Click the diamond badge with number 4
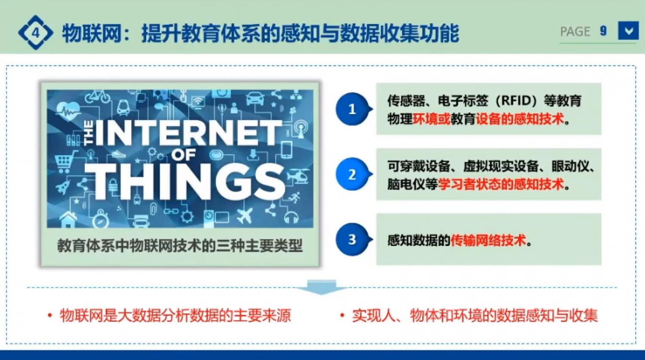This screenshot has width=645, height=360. tap(35, 33)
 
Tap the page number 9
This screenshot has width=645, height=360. tap(603, 31)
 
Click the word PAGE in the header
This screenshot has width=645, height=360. tap(575, 31)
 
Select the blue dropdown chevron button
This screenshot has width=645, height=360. tap(628, 31)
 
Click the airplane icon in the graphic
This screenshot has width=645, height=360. tap(244, 215)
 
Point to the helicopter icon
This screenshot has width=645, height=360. tap(299, 175)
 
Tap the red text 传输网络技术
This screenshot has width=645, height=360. tap(488, 240)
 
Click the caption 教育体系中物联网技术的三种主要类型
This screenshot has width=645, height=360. tap(180, 246)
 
